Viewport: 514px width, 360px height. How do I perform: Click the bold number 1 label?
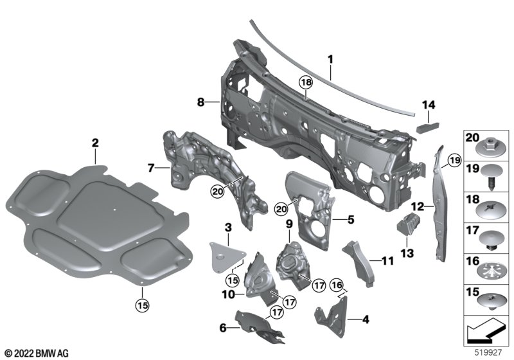coord(330,60)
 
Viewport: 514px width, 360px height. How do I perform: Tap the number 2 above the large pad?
coord(94,141)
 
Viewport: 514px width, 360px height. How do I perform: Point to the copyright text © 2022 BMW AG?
coord(36,353)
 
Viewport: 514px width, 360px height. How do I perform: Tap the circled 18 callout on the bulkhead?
coord(305,84)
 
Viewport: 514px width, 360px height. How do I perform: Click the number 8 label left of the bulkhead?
coord(200,102)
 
